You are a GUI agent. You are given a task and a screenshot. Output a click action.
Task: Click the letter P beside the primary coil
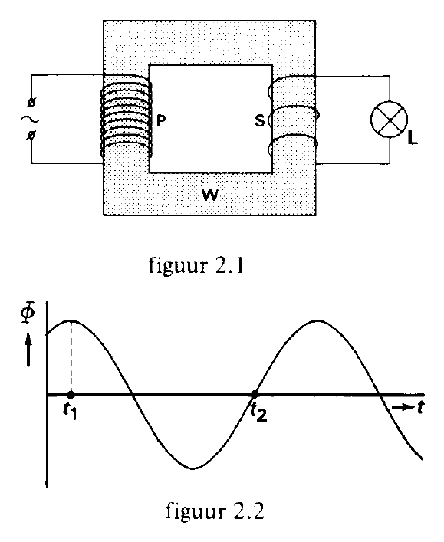(161, 120)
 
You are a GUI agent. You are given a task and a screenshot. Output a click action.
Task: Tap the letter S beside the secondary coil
(260, 120)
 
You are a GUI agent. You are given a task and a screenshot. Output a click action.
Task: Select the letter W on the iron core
(210, 195)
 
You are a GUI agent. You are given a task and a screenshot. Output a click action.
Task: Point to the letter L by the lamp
(413, 139)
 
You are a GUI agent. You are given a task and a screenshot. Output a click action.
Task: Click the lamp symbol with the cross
(390, 120)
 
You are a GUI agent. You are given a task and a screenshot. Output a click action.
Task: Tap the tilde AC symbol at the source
(31, 120)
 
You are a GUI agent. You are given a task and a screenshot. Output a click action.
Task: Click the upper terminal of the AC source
(31, 103)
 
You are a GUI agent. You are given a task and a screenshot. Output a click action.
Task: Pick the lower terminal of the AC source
(31, 135)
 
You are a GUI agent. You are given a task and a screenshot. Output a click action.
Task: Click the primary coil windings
(127, 117)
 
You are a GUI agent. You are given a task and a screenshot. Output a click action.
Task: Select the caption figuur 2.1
(196, 266)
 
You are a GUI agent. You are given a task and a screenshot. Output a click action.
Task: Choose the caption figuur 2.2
(215, 510)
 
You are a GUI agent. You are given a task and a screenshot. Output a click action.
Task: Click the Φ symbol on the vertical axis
(28, 314)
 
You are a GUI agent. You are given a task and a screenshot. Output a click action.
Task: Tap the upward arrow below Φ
(28, 351)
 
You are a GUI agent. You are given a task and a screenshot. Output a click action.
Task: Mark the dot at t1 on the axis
(71, 394)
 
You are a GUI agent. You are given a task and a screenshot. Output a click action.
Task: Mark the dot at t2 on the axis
(255, 394)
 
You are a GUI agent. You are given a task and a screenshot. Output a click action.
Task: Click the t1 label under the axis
(70, 412)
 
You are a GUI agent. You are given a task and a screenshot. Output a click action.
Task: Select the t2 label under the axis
(258, 412)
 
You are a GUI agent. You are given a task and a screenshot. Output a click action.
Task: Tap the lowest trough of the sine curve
(193, 468)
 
